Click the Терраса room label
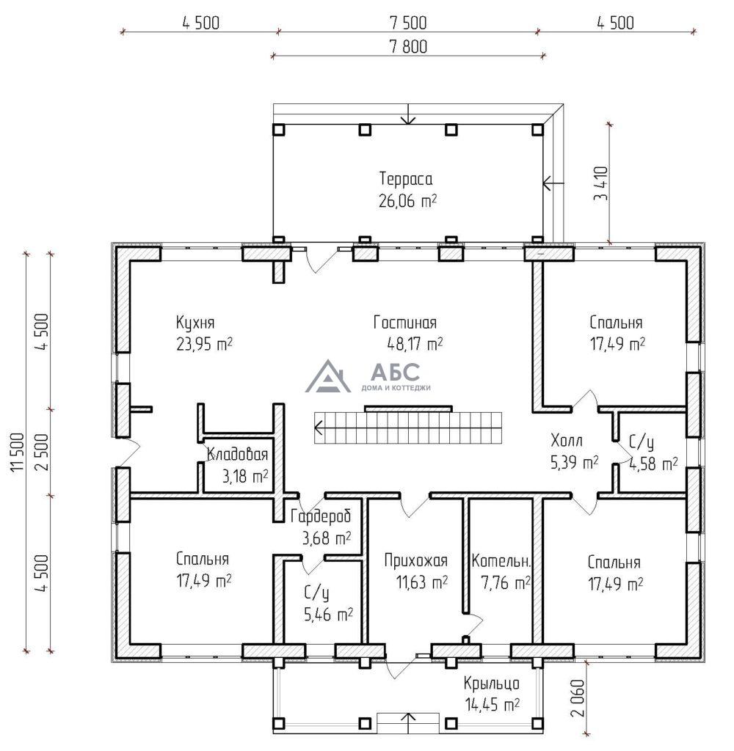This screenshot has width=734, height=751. (405, 179)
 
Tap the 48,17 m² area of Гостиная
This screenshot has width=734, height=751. (414, 343)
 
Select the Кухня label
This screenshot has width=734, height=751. (195, 323)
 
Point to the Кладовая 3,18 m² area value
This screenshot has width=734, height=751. (244, 477)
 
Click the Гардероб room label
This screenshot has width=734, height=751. (321, 516)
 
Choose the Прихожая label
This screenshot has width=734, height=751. (415, 562)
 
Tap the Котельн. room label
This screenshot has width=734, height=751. (501, 562)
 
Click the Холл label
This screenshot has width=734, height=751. (567, 441)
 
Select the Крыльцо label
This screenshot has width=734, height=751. (491, 684)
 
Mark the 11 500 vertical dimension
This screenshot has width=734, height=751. (18, 452)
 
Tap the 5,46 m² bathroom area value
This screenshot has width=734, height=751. (328, 614)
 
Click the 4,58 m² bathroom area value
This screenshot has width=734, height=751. (653, 464)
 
